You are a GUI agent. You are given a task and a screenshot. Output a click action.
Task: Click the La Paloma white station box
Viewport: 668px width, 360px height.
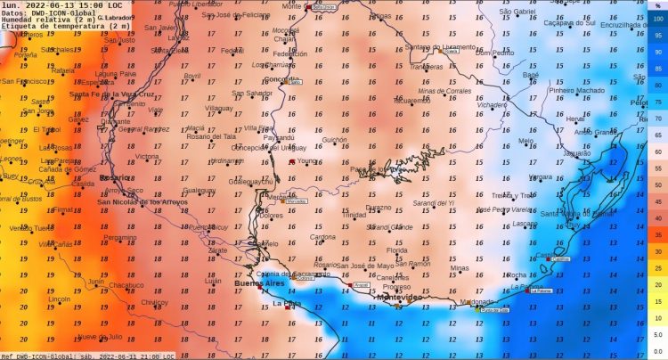(x=541, y=290)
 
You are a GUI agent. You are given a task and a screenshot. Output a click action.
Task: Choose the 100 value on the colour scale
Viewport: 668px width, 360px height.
(x=657, y=18)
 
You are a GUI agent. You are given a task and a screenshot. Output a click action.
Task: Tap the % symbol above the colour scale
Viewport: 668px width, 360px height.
(x=657, y=5)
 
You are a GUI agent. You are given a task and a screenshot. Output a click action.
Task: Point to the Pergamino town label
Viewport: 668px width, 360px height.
(x=120, y=238)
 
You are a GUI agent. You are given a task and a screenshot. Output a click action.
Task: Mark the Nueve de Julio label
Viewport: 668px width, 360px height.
(x=100, y=337)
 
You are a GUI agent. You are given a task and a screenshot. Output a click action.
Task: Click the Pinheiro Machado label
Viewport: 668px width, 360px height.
(x=576, y=90)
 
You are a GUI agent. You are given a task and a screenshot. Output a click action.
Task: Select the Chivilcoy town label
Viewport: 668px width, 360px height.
(x=154, y=302)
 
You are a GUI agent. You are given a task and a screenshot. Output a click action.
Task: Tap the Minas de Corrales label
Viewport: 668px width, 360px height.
(x=444, y=91)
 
